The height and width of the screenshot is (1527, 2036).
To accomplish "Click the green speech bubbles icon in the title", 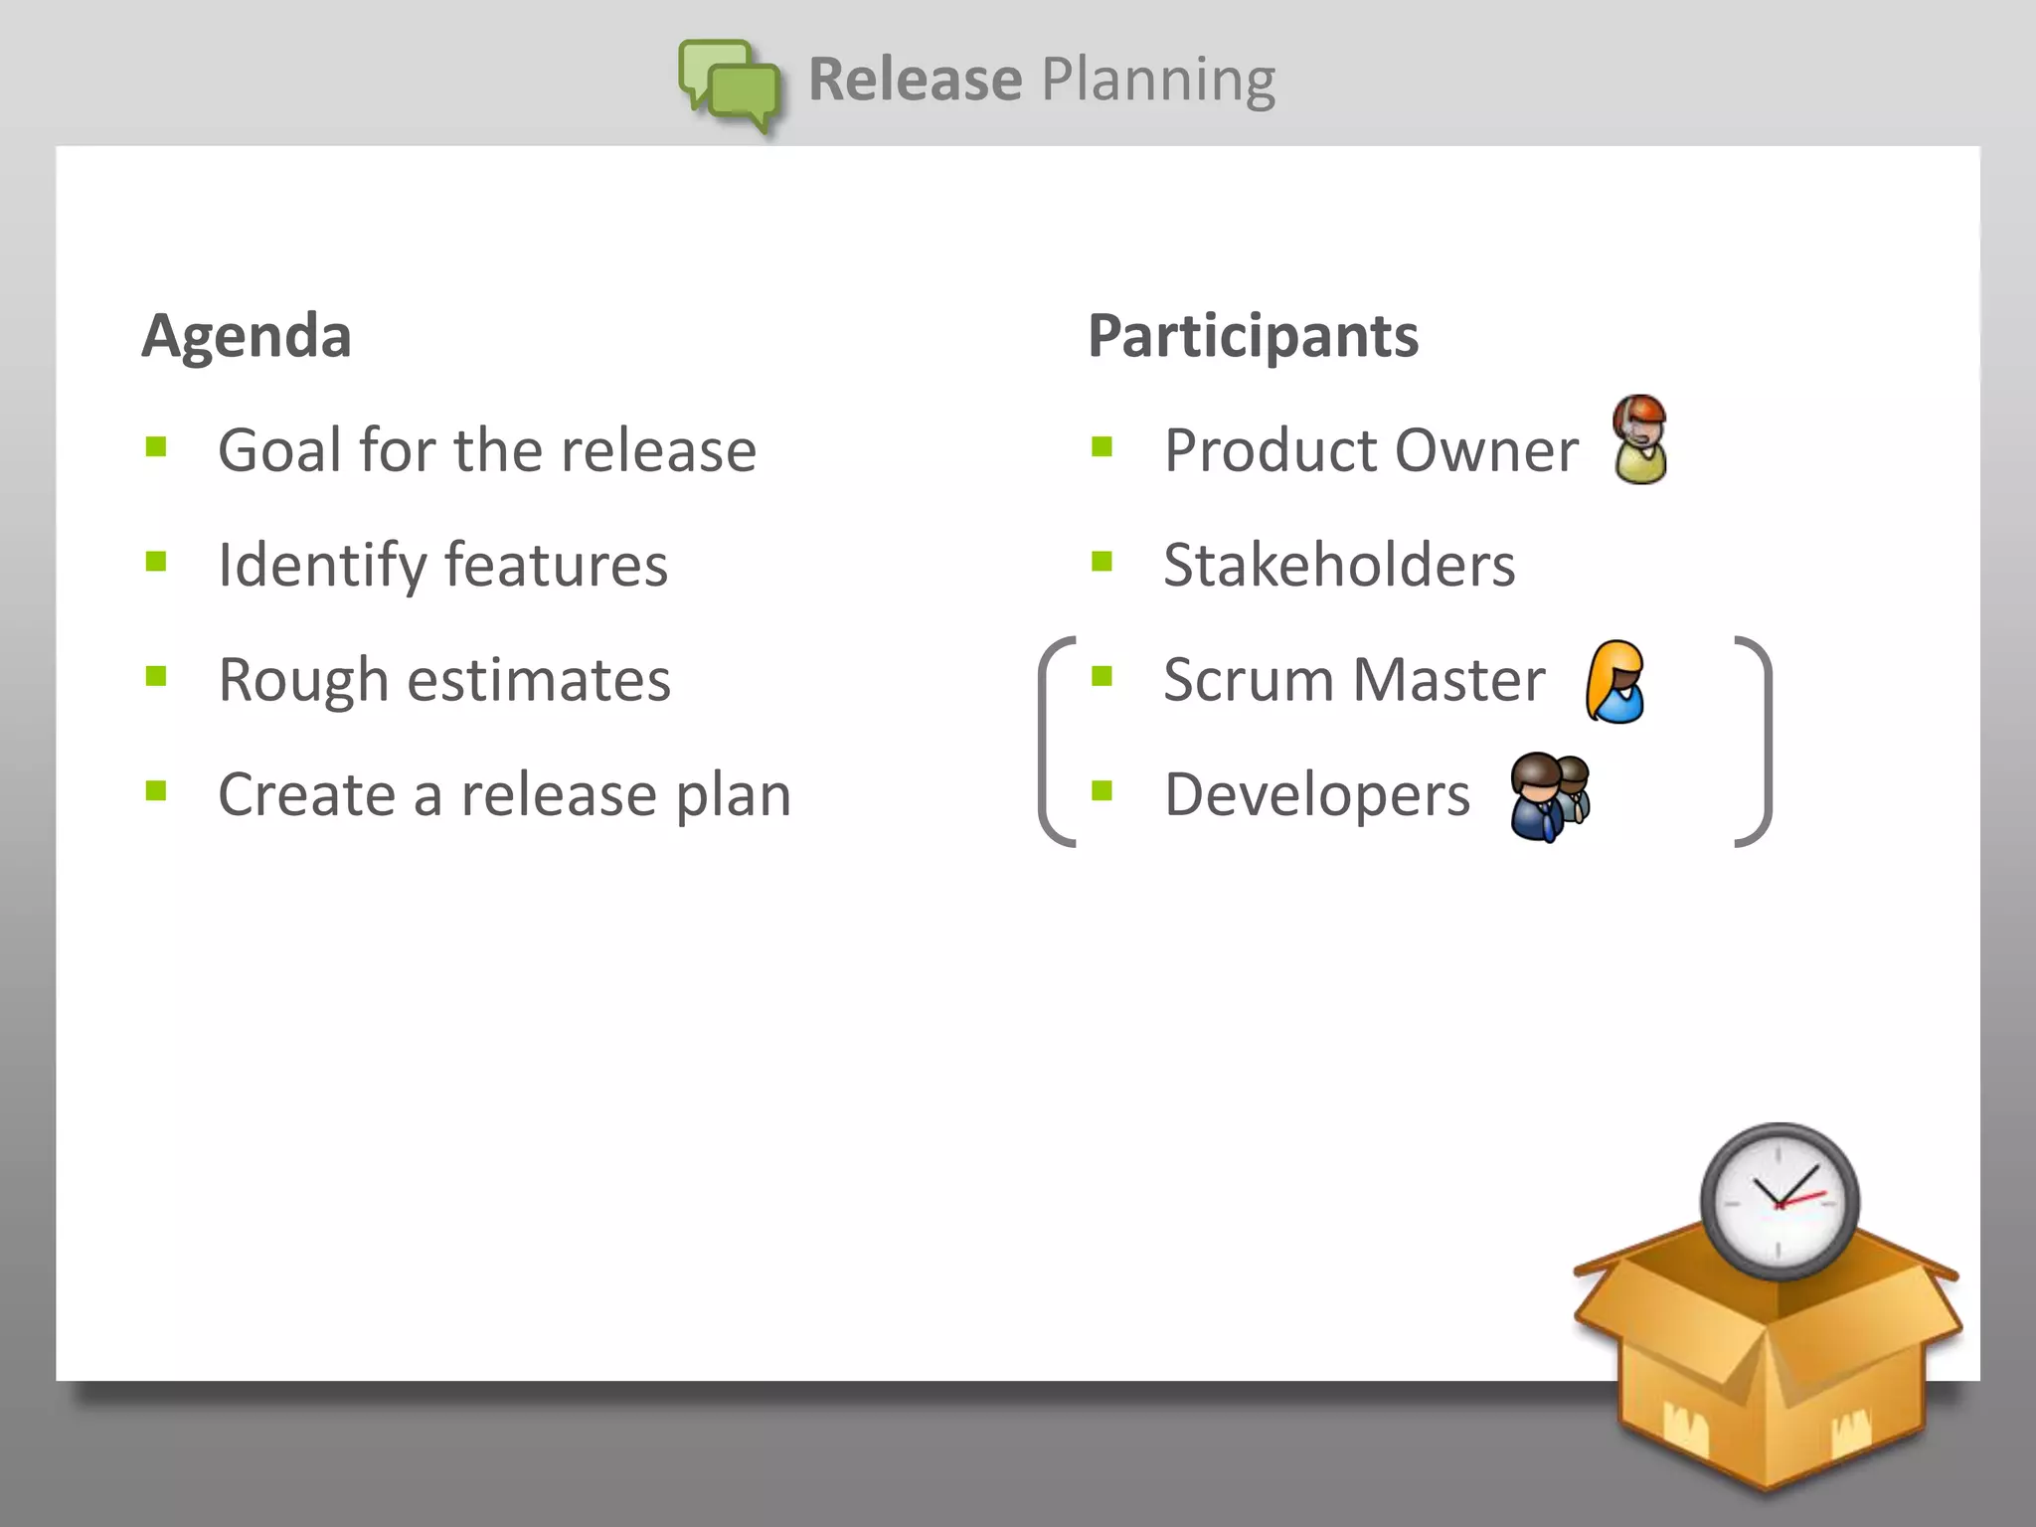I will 731,85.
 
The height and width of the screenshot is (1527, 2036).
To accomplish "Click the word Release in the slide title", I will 915,80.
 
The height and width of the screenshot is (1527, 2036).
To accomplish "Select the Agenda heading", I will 247,336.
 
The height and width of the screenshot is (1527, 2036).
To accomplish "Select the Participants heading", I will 1253,336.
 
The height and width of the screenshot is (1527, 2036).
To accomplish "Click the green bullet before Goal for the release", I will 156,446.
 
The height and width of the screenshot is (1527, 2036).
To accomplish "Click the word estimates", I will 539,681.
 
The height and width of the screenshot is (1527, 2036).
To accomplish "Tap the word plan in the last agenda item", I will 733,796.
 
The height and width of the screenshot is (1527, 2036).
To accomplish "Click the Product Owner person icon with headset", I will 1639,439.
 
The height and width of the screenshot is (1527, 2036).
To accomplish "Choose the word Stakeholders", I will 1338,566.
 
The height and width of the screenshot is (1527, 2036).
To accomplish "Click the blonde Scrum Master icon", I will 1614,682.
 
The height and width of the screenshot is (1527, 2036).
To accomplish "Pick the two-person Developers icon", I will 1549,796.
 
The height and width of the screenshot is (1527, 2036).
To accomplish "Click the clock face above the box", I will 1779,1200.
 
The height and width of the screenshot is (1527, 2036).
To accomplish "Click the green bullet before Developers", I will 1102,791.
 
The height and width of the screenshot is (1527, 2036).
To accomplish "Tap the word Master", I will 1448,681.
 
